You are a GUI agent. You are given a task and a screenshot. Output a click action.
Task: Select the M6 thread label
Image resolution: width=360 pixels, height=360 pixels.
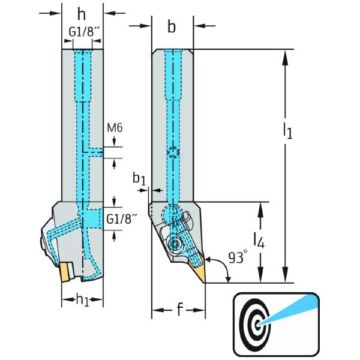[x=115, y=128]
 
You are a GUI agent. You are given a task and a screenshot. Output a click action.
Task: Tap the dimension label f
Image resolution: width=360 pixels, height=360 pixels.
[x=179, y=310]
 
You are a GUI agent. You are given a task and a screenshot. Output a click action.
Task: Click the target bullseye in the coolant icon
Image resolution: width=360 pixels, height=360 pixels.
[x=257, y=323]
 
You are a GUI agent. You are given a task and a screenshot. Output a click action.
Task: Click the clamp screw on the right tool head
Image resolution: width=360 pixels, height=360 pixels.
[x=175, y=244]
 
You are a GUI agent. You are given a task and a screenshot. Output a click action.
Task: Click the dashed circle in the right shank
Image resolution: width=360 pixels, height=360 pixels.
[x=173, y=152]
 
